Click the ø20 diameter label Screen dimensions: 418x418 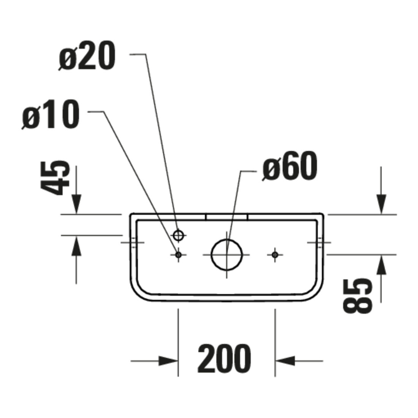(x=87, y=57)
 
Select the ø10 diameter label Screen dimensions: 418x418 (x=51, y=116)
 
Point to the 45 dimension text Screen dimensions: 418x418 (x=55, y=178)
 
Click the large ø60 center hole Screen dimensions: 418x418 (x=226, y=255)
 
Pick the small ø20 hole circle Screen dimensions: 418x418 (x=178, y=235)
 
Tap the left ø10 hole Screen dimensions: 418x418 (x=178, y=255)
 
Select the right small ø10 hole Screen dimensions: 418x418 (x=275, y=255)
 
